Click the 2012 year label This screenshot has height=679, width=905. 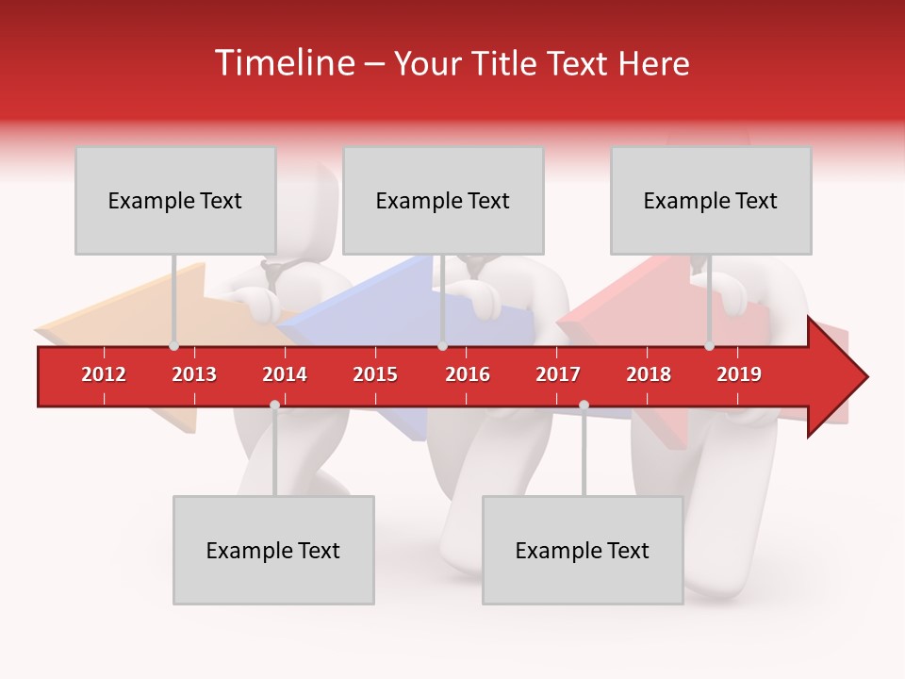click(104, 374)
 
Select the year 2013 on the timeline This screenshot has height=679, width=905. click(194, 374)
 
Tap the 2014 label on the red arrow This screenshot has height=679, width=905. click(285, 374)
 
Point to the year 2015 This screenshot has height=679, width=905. click(375, 374)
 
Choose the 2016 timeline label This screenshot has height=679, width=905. click(468, 374)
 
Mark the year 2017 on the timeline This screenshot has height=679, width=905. click(558, 374)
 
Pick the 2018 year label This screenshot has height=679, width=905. click(649, 374)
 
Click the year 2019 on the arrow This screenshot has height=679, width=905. click(739, 374)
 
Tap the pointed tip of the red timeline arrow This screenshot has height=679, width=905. click(865, 377)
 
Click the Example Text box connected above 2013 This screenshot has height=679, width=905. click(175, 200)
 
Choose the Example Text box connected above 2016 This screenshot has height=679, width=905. click(443, 200)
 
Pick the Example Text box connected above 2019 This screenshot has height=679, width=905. click(711, 200)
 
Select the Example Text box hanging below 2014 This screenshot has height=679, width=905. click(273, 550)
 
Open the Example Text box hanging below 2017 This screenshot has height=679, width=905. click(583, 550)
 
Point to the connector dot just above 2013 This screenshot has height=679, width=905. click(173, 346)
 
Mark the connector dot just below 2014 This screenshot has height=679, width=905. click(274, 405)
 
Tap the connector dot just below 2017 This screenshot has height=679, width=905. click(584, 405)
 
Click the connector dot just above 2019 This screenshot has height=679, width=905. click(709, 346)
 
